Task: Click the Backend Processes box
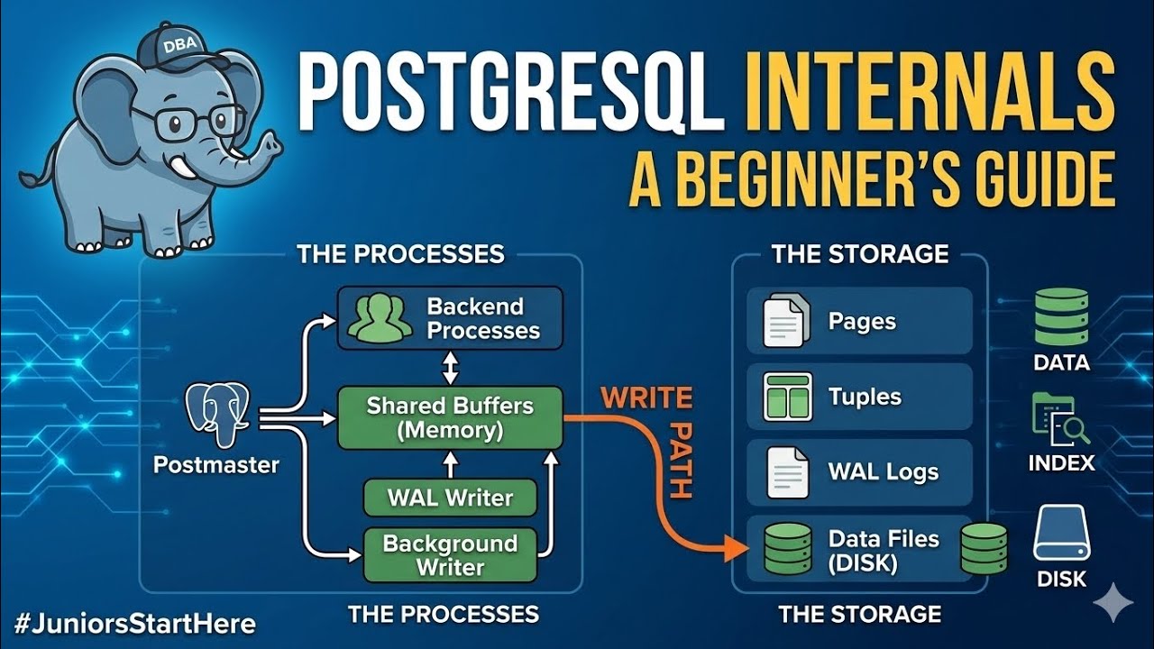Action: [450, 318]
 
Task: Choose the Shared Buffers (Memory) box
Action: [450, 418]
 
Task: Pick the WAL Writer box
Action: [450, 498]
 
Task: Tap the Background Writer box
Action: [450, 555]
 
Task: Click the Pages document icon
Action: [781, 322]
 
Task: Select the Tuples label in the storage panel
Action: [865, 397]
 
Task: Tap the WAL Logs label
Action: [883, 471]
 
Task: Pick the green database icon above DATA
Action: [1061, 317]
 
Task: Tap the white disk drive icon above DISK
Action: [1061, 533]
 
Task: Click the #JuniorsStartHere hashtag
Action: [135, 624]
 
